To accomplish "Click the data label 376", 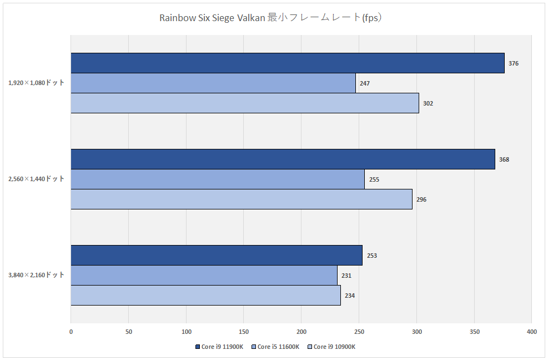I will tap(514, 63).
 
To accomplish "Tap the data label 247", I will tap(365, 83).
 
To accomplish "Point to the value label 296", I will tap(421, 199).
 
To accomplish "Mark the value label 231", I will tap(346, 276).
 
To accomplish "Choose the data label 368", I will tap(504, 159).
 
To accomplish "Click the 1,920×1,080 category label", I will tap(37, 83).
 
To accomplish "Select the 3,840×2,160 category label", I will tap(37, 275).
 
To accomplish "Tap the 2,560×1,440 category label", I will tap(37, 179).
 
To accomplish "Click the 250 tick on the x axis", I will tap(359, 332).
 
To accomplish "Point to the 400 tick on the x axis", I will tap(531, 332).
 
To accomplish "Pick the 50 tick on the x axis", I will tap(128, 332).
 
